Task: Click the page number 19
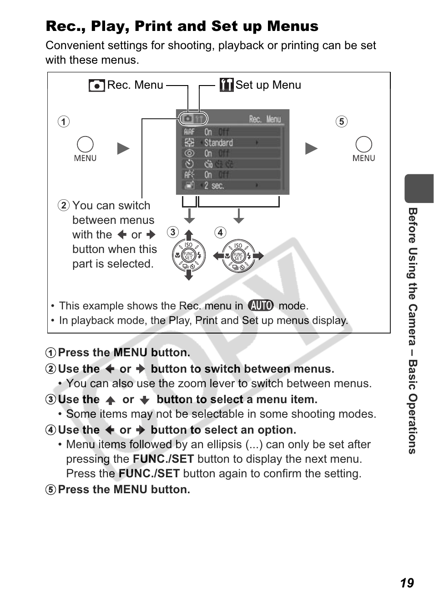407,583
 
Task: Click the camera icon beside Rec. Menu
97,86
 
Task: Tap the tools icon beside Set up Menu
226,85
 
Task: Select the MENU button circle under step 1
85,144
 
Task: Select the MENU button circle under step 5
363,144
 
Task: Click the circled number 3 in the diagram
172,232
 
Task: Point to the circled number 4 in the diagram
220,233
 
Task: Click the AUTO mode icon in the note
261,305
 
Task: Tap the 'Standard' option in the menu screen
218,143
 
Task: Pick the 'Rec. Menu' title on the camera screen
265,119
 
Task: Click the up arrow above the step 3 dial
189,235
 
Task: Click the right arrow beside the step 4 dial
258,256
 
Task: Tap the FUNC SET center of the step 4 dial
238,256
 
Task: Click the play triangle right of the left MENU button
123,149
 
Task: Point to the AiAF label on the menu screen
189,132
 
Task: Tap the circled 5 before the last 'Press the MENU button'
51,490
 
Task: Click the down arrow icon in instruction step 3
145,400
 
